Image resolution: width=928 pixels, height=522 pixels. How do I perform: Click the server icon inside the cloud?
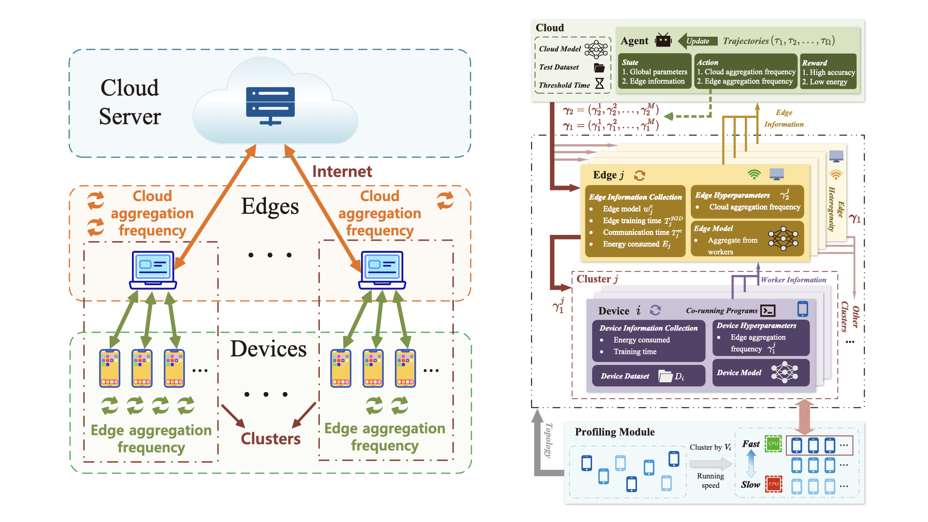270,105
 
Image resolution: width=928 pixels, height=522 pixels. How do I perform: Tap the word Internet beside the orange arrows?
342,172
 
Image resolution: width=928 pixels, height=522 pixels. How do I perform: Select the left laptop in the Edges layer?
153,270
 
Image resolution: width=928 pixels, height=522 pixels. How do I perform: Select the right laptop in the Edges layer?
382,270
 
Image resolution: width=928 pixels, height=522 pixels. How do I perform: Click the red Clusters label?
271,438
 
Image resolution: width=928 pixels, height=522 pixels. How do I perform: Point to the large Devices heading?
268,349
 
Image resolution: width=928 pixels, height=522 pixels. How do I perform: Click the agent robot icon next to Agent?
663,40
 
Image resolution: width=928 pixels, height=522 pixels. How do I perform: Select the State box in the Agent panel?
654,72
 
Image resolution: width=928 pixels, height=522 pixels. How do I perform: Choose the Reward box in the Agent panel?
828,72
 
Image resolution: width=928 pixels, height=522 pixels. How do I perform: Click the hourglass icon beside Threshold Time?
599,84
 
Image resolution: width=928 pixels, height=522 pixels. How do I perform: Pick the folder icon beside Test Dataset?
599,67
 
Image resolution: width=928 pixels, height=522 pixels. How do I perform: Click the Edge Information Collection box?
635,221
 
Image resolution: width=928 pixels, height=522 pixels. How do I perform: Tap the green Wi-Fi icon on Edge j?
754,174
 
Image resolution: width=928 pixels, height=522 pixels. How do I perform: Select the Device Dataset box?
648,376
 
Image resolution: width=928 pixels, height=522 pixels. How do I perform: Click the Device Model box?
760,372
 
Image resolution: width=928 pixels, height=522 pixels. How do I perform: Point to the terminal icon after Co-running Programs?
768,310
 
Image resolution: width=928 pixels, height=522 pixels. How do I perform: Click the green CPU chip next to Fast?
773,444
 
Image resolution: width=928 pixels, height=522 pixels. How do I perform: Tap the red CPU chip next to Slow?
773,484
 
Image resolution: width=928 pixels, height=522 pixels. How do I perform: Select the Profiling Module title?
614,432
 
